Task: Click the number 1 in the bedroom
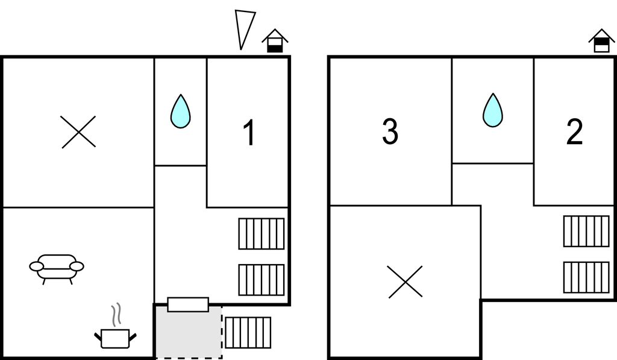point(249,133)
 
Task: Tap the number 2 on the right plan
point(574,133)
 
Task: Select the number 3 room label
point(390,133)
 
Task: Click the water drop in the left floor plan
point(180,112)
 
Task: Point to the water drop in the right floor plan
point(492,110)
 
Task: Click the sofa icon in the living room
point(57,267)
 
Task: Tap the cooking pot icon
point(115,337)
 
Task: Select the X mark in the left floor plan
point(78,132)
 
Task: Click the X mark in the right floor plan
point(405,282)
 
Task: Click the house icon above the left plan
point(275,41)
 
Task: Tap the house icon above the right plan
point(601,41)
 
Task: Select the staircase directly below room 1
point(261,233)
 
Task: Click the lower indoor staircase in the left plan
point(261,280)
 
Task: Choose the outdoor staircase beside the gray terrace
point(248,332)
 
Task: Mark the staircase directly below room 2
point(586,231)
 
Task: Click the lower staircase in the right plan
point(586,277)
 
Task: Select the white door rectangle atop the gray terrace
point(188,305)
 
